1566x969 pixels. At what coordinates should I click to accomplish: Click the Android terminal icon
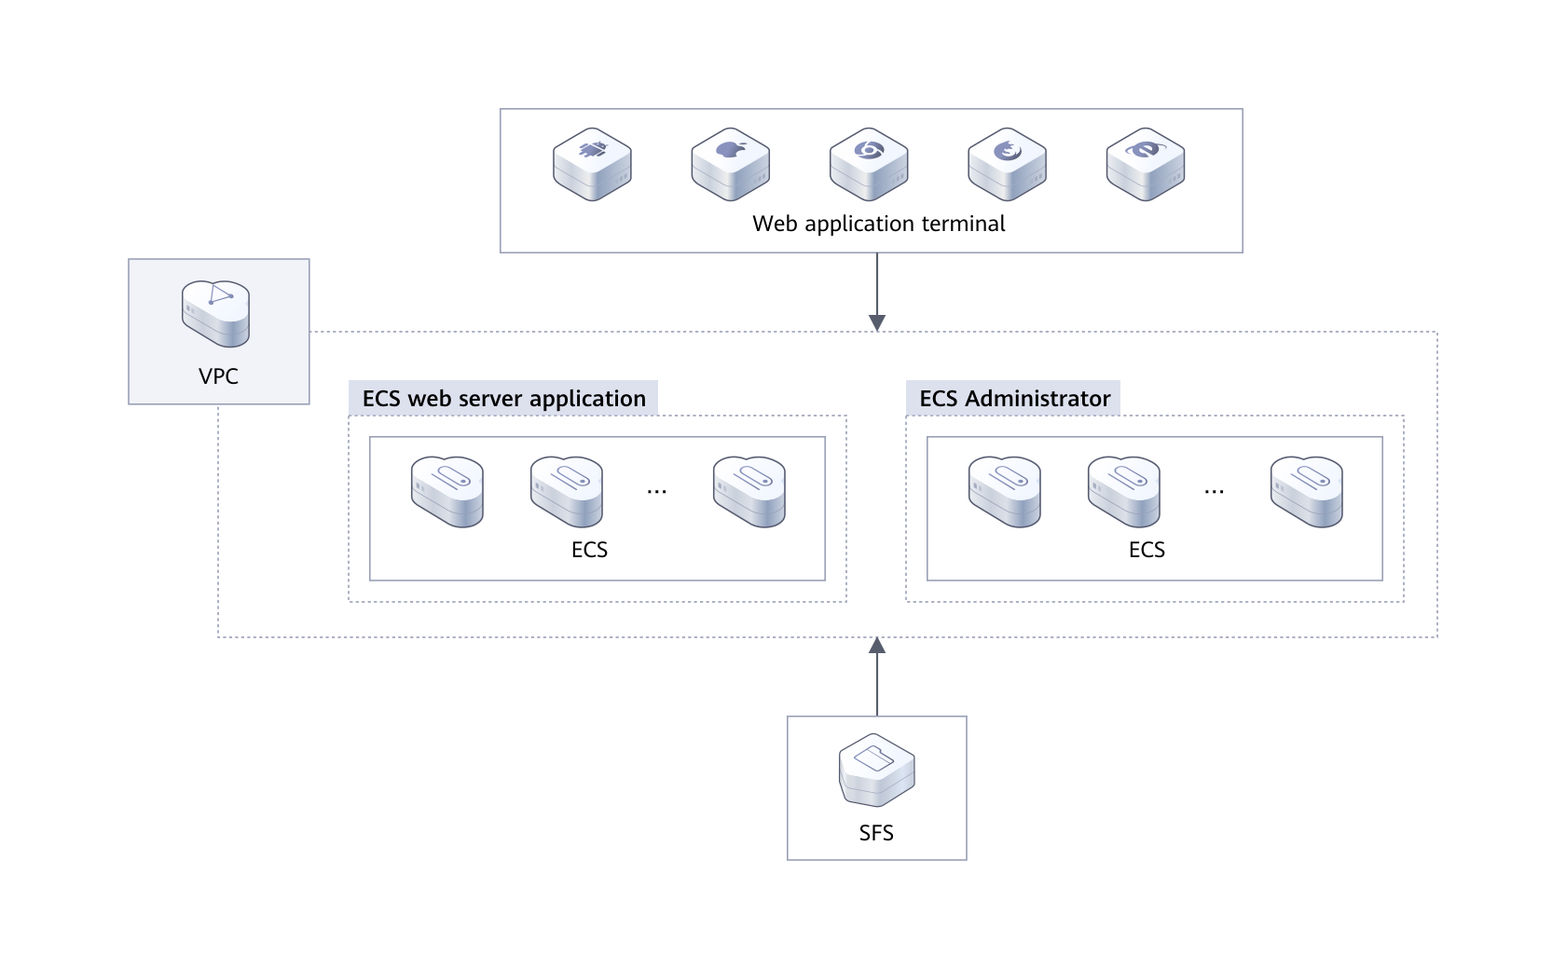click(x=592, y=164)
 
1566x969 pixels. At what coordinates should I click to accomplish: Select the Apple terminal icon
click(x=730, y=164)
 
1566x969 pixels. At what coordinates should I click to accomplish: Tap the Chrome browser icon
click(x=869, y=164)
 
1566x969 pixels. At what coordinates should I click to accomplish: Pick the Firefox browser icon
click(x=1007, y=164)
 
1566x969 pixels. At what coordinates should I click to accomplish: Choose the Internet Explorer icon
click(x=1145, y=164)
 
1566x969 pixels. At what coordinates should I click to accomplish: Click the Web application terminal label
click(x=878, y=224)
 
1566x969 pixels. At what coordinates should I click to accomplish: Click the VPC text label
click(x=218, y=376)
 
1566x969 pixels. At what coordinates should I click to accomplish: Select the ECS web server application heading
click(x=503, y=399)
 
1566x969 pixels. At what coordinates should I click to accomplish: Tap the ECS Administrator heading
click(x=1014, y=399)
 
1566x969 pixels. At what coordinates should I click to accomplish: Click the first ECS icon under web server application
click(x=447, y=491)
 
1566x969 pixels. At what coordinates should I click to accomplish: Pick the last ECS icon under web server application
click(x=749, y=491)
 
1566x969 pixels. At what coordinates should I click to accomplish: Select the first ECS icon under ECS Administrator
click(x=1005, y=491)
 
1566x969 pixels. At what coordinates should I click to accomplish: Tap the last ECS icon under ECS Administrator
click(x=1307, y=491)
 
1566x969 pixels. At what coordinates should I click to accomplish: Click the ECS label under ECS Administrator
click(x=1147, y=550)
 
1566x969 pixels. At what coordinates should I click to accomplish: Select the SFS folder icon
click(x=876, y=770)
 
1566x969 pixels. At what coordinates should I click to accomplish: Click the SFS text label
click(x=876, y=832)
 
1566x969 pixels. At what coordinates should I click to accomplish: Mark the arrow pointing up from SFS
click(x=876, y=676)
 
